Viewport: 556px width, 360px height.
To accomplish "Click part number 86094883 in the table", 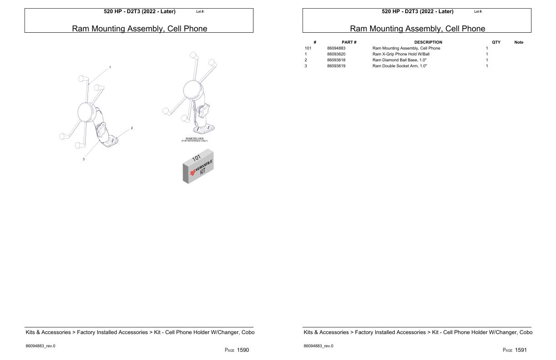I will [336, 48].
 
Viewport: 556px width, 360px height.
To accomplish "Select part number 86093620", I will [336, 54].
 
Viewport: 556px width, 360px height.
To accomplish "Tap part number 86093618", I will [336, 60].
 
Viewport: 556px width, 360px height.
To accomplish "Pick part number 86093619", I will [336, 66].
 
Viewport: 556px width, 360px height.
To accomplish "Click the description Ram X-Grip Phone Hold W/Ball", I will [401, 54].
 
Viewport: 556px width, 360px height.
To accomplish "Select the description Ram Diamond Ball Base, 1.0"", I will [399, 60].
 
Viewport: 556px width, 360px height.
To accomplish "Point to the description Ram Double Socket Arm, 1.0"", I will [399, 66].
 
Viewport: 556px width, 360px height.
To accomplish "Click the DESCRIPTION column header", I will [428, 42].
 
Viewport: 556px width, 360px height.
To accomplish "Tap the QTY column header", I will [496, 42].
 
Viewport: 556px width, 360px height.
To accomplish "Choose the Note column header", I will [518, 42].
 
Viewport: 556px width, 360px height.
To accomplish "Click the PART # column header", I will [349, 42].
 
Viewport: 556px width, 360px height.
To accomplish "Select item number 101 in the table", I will [308, 48].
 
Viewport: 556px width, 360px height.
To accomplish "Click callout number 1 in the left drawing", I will [110, 67].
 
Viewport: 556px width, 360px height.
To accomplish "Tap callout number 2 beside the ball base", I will [132, 128].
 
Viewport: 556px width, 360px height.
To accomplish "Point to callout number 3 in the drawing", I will [84, 159].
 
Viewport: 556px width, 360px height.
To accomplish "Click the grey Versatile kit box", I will [198, 168].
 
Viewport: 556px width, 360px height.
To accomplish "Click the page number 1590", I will [243, 350].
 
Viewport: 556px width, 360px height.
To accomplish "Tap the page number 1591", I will [521, 350].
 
